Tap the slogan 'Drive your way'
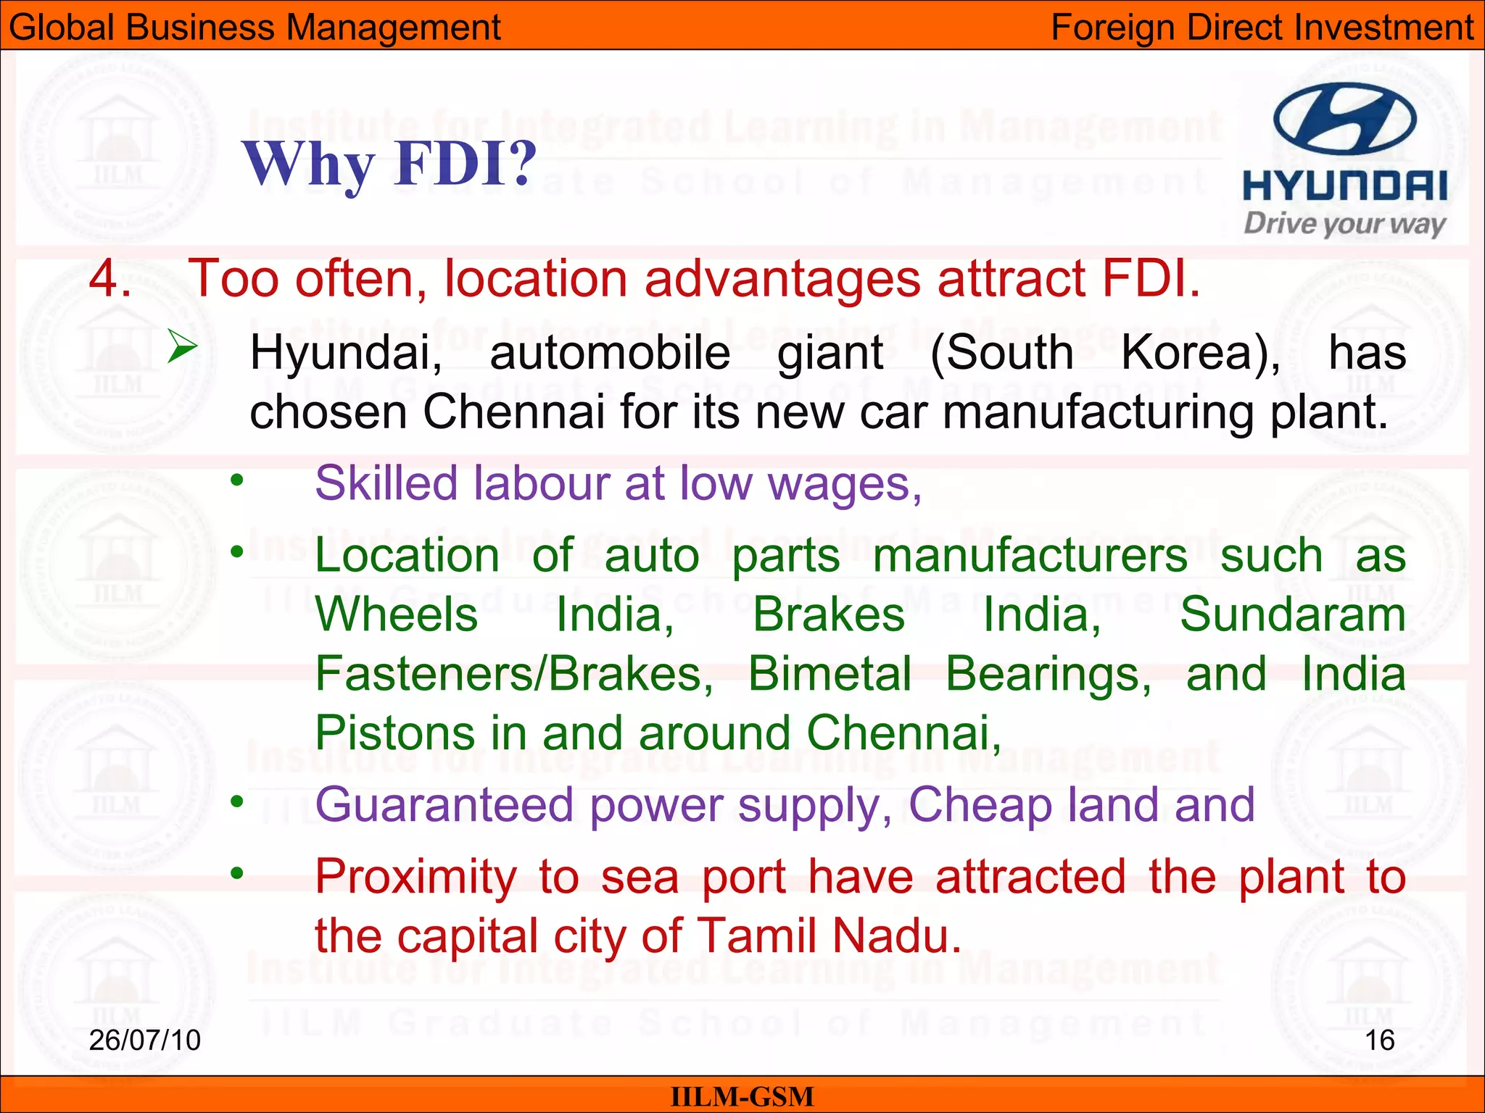coord(1344,224)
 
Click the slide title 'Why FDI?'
coord(389,164)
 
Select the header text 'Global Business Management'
coord(255,28)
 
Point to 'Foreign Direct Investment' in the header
coord(1262,28)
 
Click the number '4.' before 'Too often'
coord(110,278)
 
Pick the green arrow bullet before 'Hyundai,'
coord(182,346)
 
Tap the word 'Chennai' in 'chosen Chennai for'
coord(513,412)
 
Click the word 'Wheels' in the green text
coord(397,615)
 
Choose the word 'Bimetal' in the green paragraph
coord(830,674)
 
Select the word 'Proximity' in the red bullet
coord(415,878)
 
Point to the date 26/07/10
coord(144,1040)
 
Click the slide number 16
coord(1379,1040)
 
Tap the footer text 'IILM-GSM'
coord(742,1097)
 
